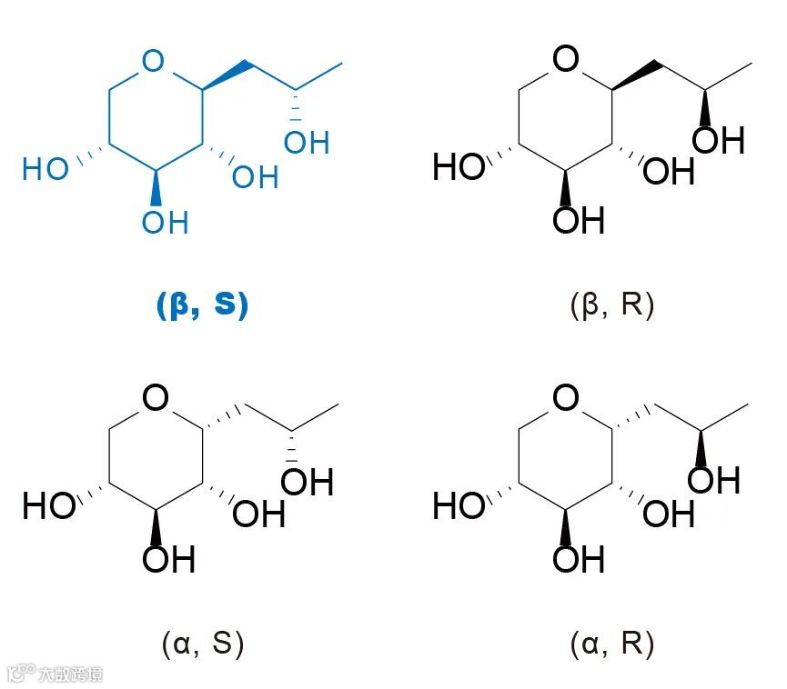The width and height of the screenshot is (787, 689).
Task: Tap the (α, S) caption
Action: click(202, 644)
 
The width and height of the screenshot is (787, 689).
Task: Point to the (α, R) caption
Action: click(611, 644)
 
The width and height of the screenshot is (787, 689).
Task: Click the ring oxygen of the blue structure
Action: click(155, 62)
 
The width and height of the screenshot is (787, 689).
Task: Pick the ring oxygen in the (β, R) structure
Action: click(566, 62)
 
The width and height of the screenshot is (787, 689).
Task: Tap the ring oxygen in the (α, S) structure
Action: click(156, 398)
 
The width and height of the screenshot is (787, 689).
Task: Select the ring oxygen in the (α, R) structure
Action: click(566, 398)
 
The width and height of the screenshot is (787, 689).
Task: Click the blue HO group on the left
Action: click(45, 169)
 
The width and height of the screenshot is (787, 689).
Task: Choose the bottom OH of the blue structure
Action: click(165, 221)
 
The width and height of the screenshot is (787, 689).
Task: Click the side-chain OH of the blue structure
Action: click(307, 142)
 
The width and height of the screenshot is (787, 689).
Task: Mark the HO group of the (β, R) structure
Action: click(458, 168)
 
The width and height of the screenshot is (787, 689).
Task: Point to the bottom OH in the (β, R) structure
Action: click(579, 221)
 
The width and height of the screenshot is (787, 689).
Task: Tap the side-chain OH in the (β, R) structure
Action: click(719, 141)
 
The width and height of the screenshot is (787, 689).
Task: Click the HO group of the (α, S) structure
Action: click(48, 506)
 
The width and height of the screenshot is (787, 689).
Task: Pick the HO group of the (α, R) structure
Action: click(459, 506)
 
